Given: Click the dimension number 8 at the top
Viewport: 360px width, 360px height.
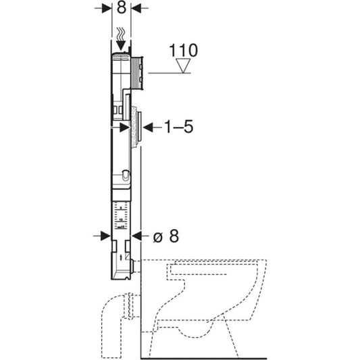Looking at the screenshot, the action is [121, 8].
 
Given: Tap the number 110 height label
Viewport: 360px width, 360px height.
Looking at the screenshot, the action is [183, 50].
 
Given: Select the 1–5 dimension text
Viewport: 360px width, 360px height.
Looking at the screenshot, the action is [179, 126].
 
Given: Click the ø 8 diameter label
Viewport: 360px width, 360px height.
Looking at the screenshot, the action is [166, 236].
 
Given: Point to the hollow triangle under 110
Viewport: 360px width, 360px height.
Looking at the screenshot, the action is [183, 66].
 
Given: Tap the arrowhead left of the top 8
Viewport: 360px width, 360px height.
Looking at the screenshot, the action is [107, 8].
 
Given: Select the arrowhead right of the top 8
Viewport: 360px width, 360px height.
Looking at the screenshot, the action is [136, 8].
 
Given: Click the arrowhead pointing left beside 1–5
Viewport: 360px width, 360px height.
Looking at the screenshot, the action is [148, 127].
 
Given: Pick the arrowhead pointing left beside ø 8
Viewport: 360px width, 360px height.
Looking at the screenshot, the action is [137, 236].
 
